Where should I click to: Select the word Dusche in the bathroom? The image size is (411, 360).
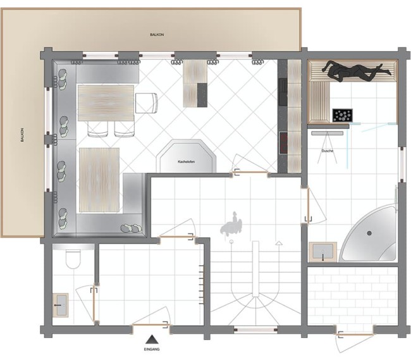pos(328,151)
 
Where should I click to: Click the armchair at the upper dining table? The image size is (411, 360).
pos(147,102)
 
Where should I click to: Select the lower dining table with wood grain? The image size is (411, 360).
pos(99,179)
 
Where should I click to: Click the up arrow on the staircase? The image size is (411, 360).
pos(278,242)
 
